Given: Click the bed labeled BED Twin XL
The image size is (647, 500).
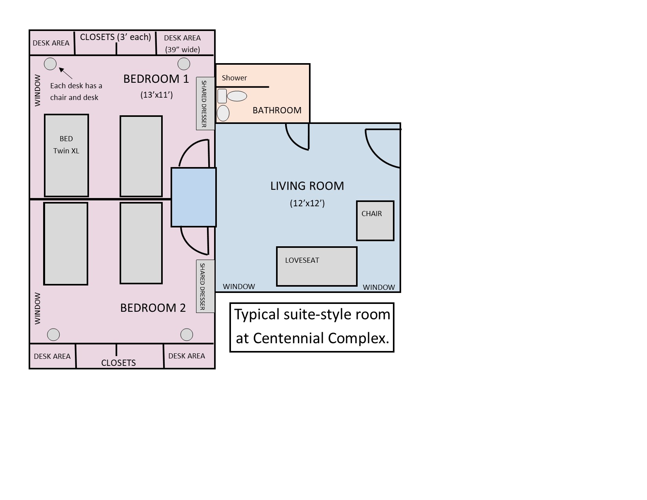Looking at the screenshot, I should [66, 155].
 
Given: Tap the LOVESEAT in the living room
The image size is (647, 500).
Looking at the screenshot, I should [316, 266].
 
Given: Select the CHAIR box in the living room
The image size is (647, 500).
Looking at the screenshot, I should [375, 221].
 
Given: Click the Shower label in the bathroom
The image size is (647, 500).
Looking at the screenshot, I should [234, 78].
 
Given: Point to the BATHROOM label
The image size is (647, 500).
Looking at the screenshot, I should [277, 110].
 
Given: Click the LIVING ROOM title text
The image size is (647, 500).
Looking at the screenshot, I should [307, 186].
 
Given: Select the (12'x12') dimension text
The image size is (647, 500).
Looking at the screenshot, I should [307, 203].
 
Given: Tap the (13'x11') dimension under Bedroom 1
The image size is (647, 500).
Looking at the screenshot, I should [156, 95].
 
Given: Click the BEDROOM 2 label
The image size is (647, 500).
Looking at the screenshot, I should [153, 308].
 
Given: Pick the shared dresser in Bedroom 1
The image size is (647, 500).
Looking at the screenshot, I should [205, 104].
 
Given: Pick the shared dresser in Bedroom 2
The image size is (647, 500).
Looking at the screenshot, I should [205, 286].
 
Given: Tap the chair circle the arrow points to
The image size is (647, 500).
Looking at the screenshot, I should [50, 64].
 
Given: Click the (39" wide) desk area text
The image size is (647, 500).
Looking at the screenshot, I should [182, 49].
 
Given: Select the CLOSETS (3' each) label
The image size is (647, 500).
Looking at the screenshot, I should [115, 37].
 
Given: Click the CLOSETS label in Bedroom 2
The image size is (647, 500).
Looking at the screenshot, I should [118, 363].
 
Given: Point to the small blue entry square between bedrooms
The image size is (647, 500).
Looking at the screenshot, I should [193, 197].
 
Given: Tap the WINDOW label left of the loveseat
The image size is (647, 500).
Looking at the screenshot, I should [239, 287].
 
